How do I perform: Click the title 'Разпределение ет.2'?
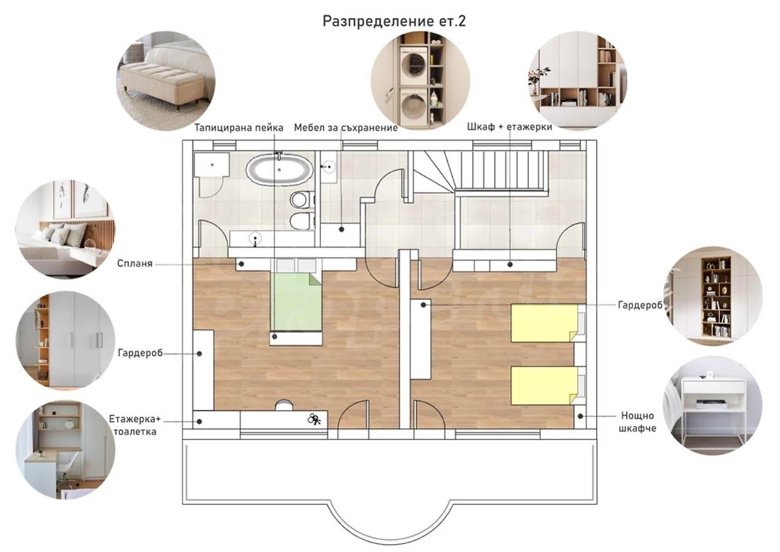tap(394, 21)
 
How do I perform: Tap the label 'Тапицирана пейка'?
tap(239, 128)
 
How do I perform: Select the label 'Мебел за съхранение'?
tap(346, 128)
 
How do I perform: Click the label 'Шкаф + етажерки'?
tap(510, 127)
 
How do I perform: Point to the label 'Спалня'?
tap(135, 263)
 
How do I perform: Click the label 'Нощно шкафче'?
tap(637, 421)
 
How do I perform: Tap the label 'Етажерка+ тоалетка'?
tap(133, 425)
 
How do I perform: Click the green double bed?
tap(296, 302)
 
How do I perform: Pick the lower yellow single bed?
tap(544, 386)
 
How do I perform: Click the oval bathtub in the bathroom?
tap(279, 170)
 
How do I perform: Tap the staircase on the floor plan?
tap(480, 171)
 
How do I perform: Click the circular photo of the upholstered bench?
tap(166, 81)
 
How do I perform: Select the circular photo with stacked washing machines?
tap(420, 81)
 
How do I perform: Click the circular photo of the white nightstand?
tap(712, 405)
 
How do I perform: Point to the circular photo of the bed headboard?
tap(66, 229)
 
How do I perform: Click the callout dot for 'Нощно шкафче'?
tap(580, 416)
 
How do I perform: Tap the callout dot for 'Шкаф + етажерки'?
tap(510, 264)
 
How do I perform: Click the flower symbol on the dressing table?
tap(314, 419)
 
